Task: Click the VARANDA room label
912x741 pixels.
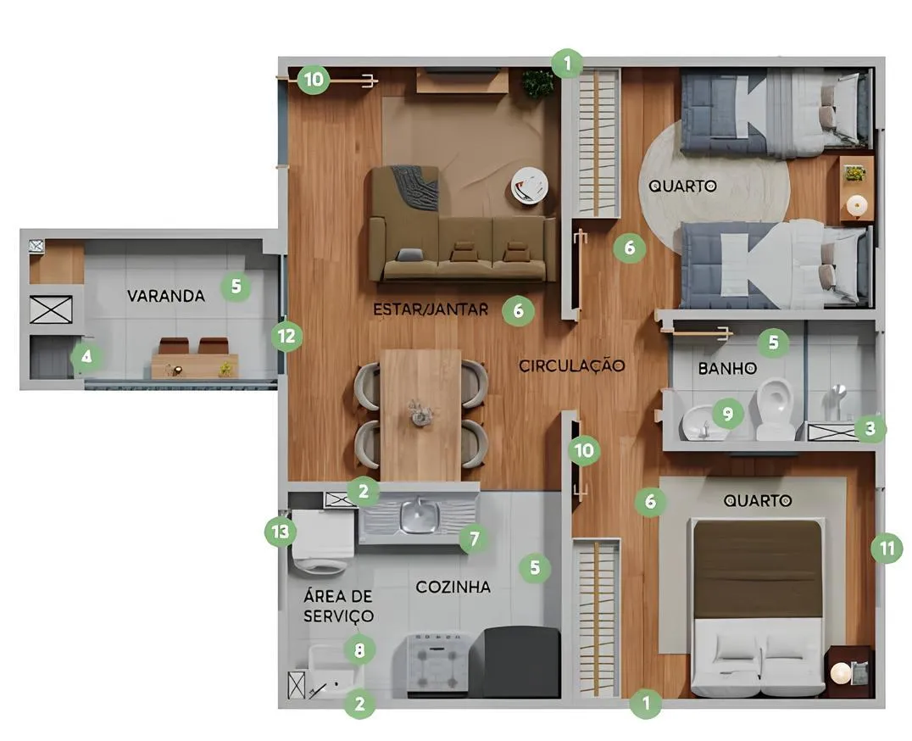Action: (x=166, y=296)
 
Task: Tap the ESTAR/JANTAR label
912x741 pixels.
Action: (x=431, y=309)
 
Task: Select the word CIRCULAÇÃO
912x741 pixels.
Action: (x=572, y=366)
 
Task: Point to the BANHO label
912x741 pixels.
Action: (x=727, y=368)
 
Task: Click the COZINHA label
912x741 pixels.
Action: (x=453, y=587)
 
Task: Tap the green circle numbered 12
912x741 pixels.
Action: (x=286, y=337)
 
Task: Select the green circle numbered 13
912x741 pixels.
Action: (x=281, y=532)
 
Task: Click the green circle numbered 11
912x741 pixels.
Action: (x=887, y=548)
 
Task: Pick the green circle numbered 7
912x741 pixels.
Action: (x=474, y=539)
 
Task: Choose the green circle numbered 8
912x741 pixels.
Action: (x=359, y=649)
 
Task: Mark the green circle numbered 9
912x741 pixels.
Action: (x=727, y=414)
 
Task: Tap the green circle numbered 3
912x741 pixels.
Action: (x=870, y=429)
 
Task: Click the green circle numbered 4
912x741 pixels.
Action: (x=86, y=356)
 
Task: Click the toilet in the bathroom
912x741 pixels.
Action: (x=776, y=409)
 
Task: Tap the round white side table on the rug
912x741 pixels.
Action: (x=529, y=186)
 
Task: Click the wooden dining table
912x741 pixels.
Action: (x=420, y=415)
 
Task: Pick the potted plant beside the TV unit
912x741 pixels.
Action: (x=537, y=83)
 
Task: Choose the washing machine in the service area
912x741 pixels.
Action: (x=324, y=542)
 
